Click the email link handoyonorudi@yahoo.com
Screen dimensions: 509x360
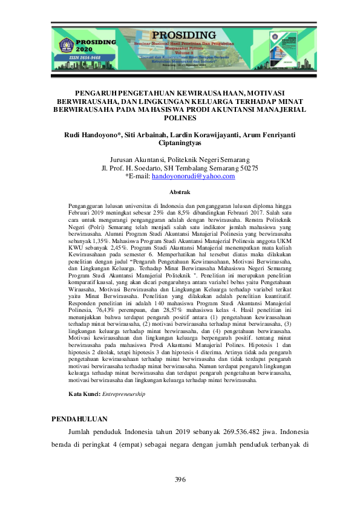(193, 176)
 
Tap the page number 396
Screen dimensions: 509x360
(180, 479)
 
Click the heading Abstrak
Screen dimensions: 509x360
(180, 192)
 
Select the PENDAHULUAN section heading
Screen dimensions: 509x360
(79, 418)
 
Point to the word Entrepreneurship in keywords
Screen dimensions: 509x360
(123, 394)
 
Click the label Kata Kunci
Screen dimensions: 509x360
(84, 394)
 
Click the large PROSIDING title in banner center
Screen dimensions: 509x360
(180, 37)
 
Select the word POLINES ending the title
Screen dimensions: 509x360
(180, 118)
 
